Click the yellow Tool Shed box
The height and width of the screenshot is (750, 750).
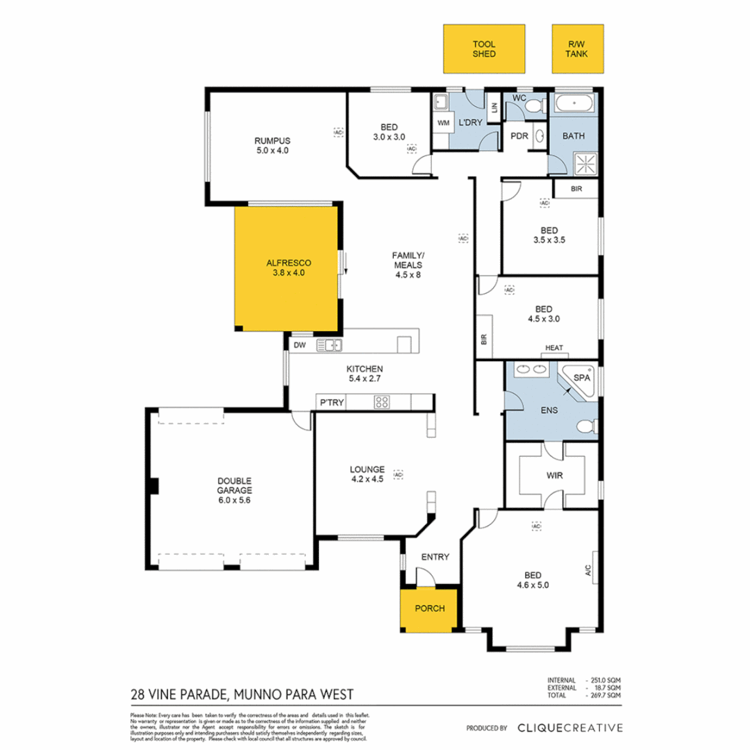484,49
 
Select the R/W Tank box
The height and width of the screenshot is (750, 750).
577,49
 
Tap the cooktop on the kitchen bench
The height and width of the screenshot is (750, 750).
382,401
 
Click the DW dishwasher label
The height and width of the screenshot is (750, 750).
299,344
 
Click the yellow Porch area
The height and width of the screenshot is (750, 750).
429,609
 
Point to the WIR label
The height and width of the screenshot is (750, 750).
554,477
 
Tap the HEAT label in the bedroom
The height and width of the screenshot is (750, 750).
553,348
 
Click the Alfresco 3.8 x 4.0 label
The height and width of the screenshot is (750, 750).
288,268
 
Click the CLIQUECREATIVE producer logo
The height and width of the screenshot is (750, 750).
569,728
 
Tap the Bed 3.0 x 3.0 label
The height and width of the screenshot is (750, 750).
389,132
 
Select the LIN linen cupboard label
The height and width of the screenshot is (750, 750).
494,108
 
